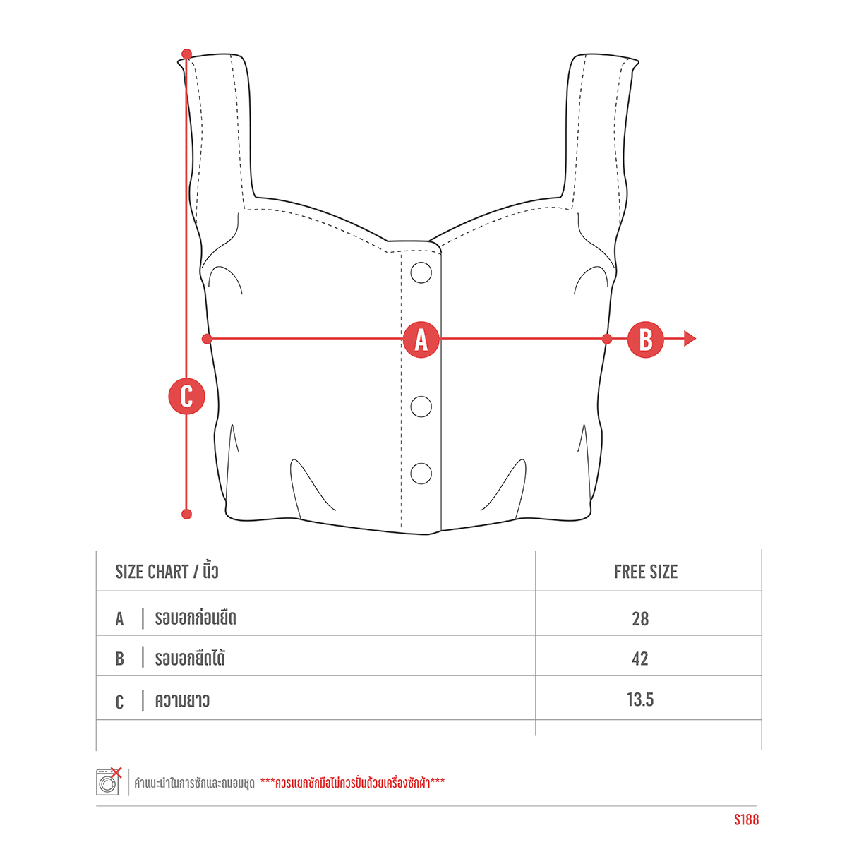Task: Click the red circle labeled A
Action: pos(421,340)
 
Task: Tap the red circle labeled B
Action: pos(645,340)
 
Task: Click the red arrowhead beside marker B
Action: pos(690,339)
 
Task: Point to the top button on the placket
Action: pos(421,272)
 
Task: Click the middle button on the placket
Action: pos(421,406)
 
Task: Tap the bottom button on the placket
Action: pos(421,474)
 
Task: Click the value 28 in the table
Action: pos(640,619)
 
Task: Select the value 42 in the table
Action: pos(640,659)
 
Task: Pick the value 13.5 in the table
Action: pos(640,699)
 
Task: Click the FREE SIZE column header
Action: pos(645,572)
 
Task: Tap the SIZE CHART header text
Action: pos(152,572)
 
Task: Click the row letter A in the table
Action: pos(119,619)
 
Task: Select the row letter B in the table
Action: pos(119,659)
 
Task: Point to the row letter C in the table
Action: pos(119,702)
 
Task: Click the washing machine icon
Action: pos(109,781)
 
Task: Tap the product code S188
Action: pos(746,819)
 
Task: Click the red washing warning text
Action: pos(352,782)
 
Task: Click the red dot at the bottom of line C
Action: pos(186,514)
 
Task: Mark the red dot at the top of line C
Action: pos(186,54)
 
